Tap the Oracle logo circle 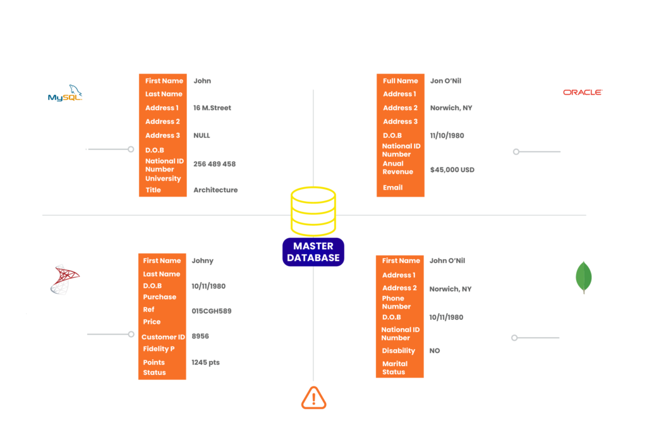(583, 92)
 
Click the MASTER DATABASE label (313, 252)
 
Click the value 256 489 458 (214, 164)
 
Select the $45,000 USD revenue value (452, 169)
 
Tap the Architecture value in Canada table (215, 190)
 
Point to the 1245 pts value (207, 362)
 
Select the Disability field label (399, 350)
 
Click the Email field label (392, 187)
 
